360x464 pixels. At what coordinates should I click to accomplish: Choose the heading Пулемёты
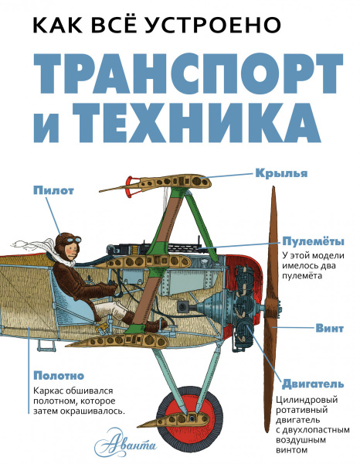click(x=307, y=241)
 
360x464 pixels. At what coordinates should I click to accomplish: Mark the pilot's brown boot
click(x=155, y=322)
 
